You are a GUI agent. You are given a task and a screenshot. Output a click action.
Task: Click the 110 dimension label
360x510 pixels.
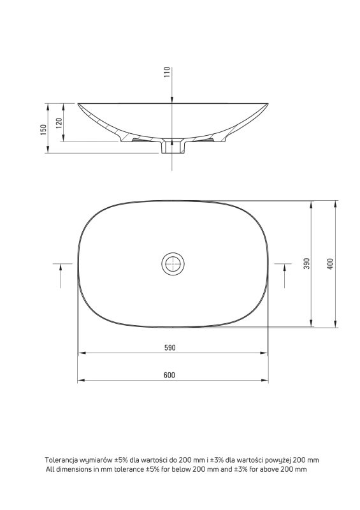pyautogui.click(x=167, y=72)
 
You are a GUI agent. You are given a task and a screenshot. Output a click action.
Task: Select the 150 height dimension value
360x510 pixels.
pyautogui.click(x=43, y=129)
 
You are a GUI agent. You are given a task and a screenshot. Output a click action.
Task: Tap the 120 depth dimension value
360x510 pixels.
pyautogui.click(x=59, y=123)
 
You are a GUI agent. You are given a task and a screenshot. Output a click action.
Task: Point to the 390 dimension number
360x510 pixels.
pyautogui.click(x=307, y=263)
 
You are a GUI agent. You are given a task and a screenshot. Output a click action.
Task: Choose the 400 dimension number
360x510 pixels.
pyautogui.click(x=330, y=265)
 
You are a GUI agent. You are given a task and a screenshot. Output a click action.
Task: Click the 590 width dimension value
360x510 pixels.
pyautogui.click(x=169, y=347)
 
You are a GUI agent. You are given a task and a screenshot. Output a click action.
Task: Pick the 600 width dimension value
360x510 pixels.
pyautogui.click(x=169, y=375)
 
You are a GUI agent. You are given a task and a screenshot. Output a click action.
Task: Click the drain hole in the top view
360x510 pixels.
pyautogui.click(x=173, y=264)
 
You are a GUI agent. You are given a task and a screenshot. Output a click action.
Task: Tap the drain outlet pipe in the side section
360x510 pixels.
pyautogui.click(x=173, y=147)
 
